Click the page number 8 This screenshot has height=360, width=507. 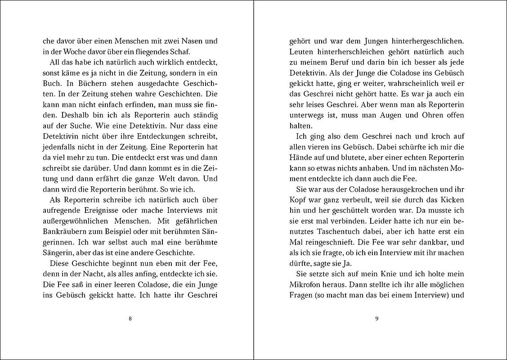pyautogui.click(x=130, y=319)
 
